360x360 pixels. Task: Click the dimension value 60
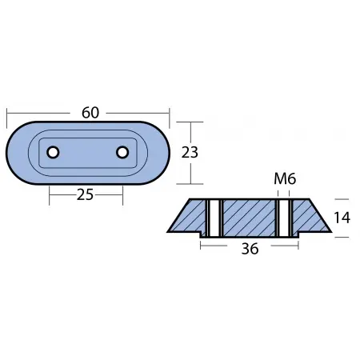tap(90, 113)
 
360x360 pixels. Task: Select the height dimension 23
tap(190, 152)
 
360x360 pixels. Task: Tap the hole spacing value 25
tap(86, 193)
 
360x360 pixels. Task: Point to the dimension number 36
tap(249, 249)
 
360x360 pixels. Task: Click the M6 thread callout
tap(285, 180)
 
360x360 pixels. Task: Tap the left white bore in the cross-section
tap(213, 218)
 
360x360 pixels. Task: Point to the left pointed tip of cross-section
tap(170, 231)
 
